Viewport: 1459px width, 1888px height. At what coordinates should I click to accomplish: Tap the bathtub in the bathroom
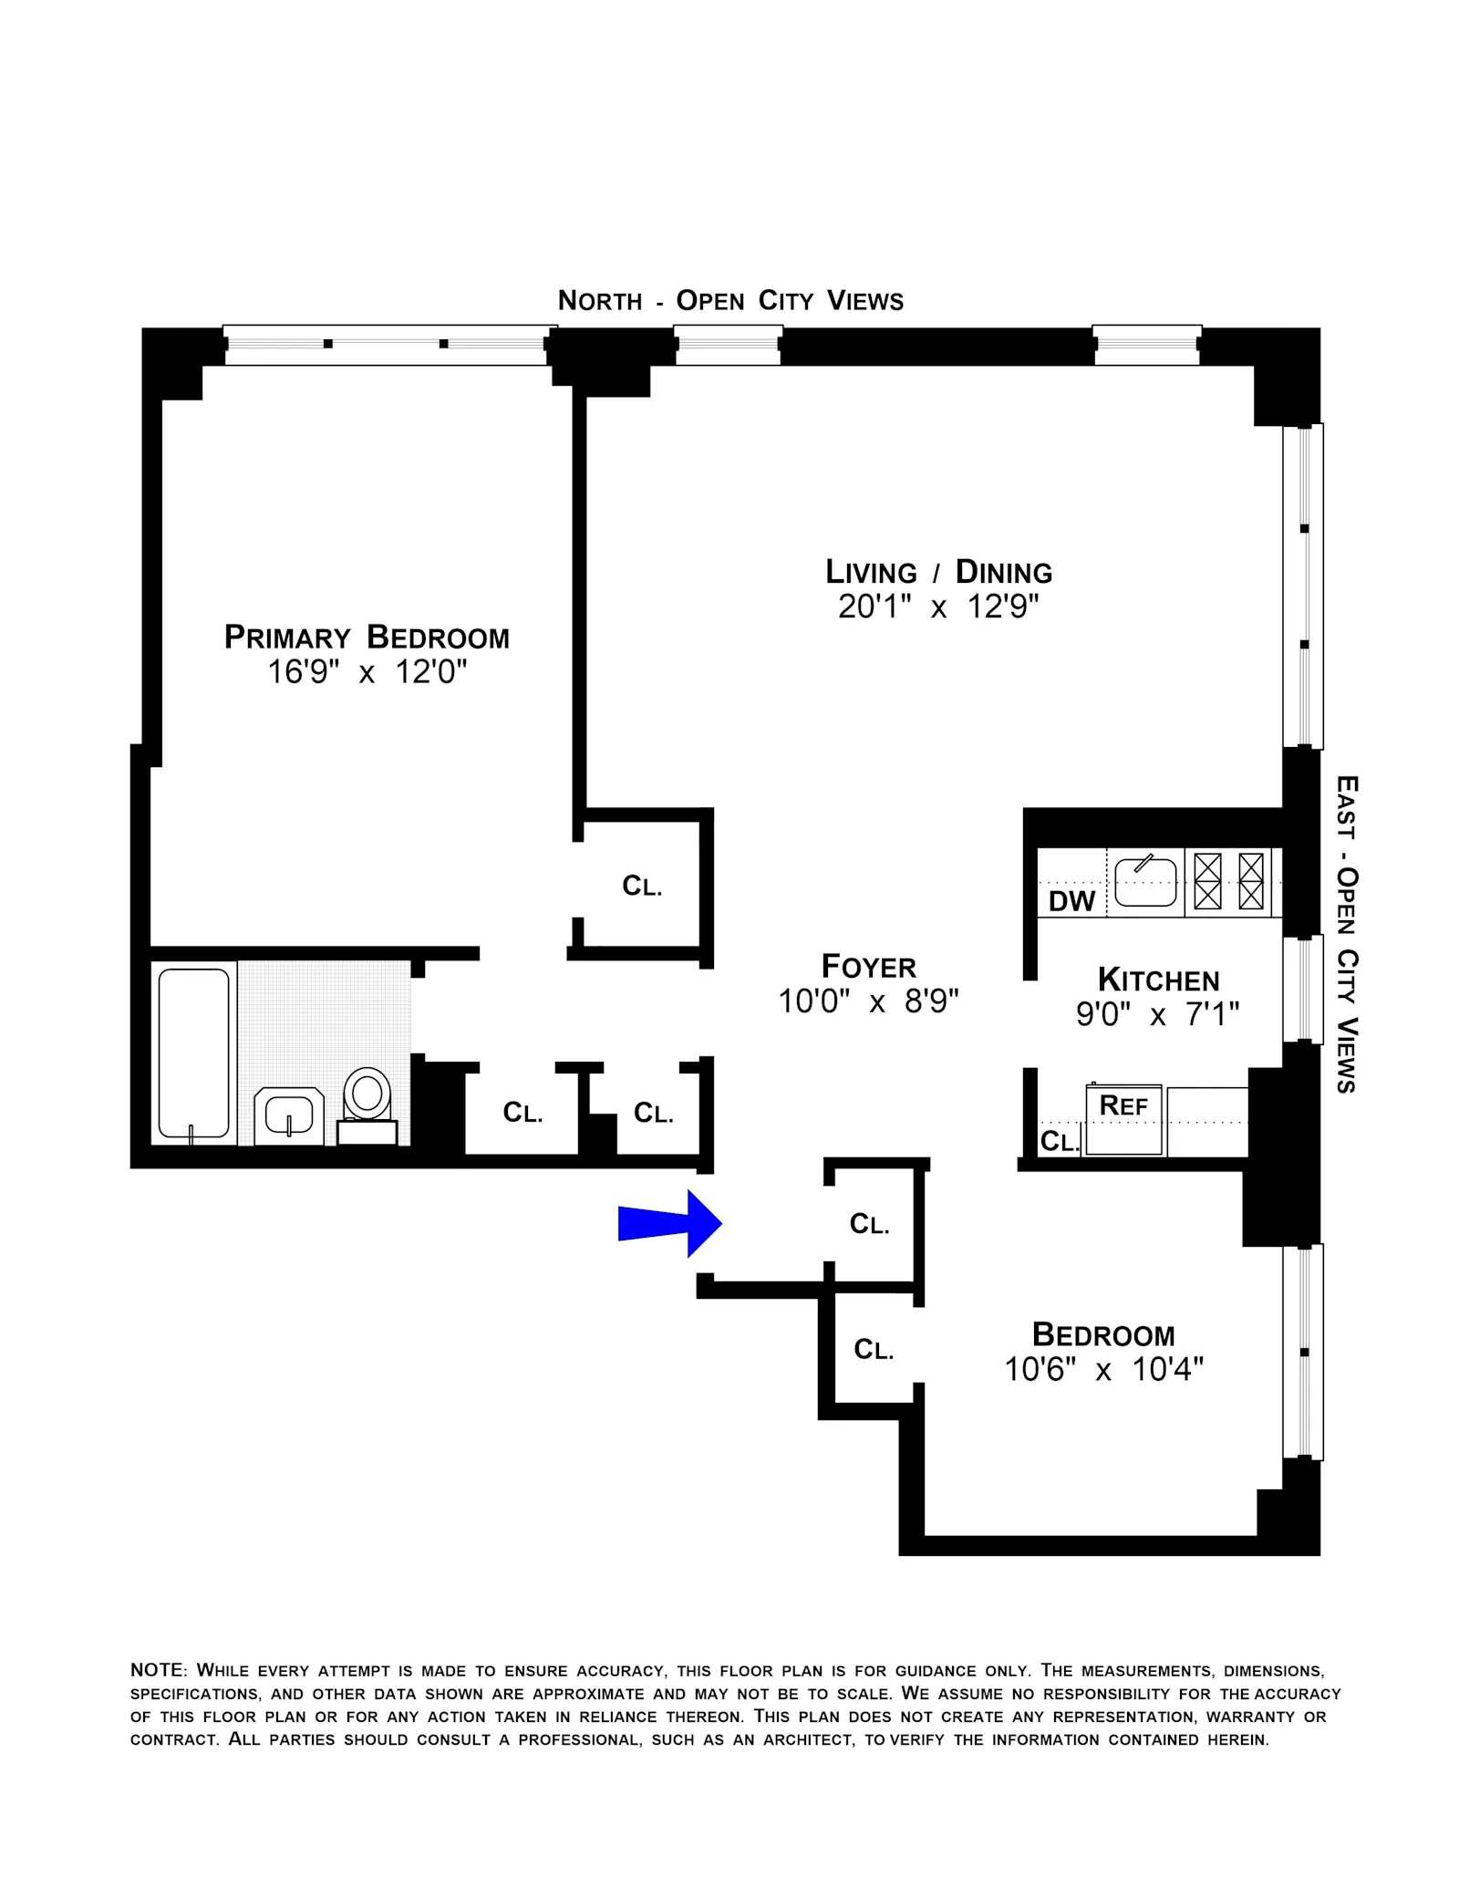click(193, 1053)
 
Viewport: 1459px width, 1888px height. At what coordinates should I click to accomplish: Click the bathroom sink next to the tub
click(288, 1115)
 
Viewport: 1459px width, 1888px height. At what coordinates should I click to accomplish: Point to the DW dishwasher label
click(1071, 901)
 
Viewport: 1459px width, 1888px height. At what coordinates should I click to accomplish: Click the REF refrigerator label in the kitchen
click(1123, 1105)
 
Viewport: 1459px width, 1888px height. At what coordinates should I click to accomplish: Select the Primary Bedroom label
click(367, 638)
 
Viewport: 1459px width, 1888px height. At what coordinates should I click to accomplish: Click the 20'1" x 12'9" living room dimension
click(938, 607)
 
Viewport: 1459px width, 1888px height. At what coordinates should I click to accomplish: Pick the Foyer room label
click(868, 967)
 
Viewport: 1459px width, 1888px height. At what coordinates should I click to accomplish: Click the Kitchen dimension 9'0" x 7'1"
click(1157, 1014)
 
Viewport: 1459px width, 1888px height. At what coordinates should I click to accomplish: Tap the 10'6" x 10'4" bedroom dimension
click(1103, 1369)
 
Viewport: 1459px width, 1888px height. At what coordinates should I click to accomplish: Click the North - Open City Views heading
click(730, 301)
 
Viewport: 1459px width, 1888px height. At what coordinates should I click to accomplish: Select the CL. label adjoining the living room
click(642, 886)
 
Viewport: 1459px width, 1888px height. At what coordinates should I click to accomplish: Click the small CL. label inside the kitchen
click(1059, 1141)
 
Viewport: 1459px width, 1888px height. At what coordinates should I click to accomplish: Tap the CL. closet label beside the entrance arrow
click(869, 1224)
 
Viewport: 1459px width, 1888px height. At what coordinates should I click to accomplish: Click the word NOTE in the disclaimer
click(157, 1670)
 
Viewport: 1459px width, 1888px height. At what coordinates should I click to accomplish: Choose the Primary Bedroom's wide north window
click(385, 345)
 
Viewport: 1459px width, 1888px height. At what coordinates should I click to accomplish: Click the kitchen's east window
click(1302, 989)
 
